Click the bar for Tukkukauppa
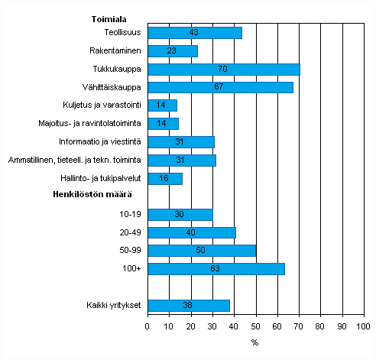point(223,69)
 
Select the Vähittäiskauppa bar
point(220,87)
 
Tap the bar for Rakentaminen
point(172,51)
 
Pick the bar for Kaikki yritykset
point(188,306)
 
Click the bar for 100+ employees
point(216,269)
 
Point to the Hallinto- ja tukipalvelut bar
point(164,178)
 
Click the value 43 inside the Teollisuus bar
point(194,33)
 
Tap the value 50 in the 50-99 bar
point(202,251)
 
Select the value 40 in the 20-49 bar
point(191,232)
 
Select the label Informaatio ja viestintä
point(99,142)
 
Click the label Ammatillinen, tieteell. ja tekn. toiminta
point(75,161)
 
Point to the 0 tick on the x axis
point(147,326)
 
